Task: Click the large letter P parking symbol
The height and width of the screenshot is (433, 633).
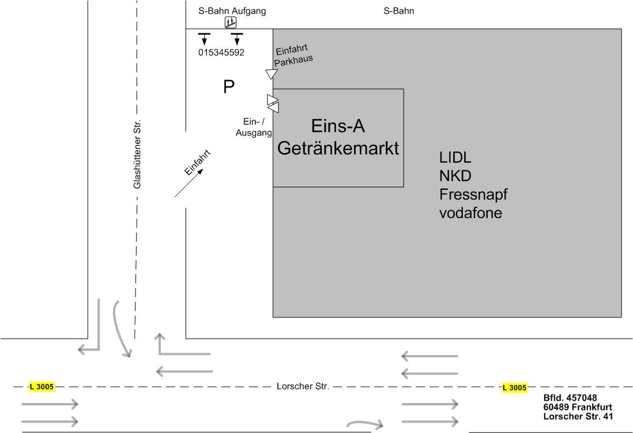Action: tap(229, 87)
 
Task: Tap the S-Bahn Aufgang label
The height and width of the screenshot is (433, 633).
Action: tap(232, 11)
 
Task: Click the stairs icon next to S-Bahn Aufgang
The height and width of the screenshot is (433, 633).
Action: tap(231, 23)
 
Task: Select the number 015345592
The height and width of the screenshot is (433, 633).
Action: tap(221, 53)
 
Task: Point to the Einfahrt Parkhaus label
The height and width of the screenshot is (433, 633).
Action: tap(293, 55)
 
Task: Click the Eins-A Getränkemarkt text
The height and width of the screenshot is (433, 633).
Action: tap(338, 137)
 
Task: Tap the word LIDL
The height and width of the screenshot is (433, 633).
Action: tap(455, 158)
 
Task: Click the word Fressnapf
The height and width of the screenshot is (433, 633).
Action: tap(473, 194)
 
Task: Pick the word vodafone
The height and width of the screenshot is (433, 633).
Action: tap(470, 212)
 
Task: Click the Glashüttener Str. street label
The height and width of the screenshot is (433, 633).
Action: tap(137, 154)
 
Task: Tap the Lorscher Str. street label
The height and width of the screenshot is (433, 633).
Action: tap(303, 386)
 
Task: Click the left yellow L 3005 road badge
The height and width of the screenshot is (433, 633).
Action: tap(42, 387)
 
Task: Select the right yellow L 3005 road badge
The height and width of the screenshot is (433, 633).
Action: tap(514, 387)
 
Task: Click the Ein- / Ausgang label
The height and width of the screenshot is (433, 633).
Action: tap(254, 127)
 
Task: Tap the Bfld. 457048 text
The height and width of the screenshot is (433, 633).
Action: tap(570, 398)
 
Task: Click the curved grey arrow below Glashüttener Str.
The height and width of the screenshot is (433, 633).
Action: tap(122, 329)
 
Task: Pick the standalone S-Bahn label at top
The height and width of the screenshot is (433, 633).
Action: tap(399, 11)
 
